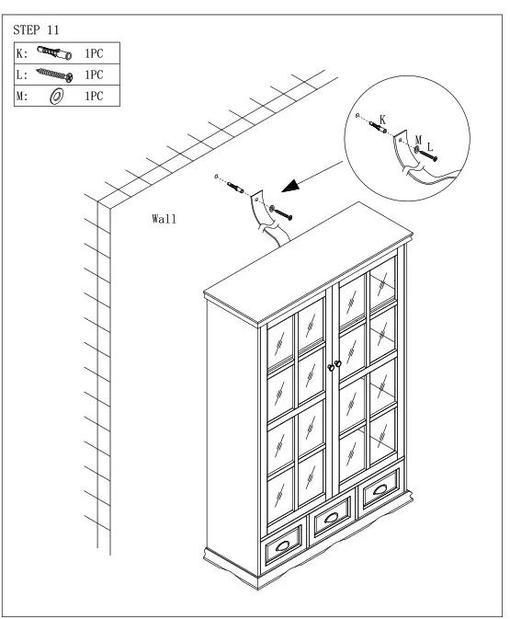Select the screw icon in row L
pos(54,75)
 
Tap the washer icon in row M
pos(55,96)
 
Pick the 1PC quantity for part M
pos(93,96)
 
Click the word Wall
pos(164,220)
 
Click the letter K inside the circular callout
pos(382,120)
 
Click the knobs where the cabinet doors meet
pos(334,366)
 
